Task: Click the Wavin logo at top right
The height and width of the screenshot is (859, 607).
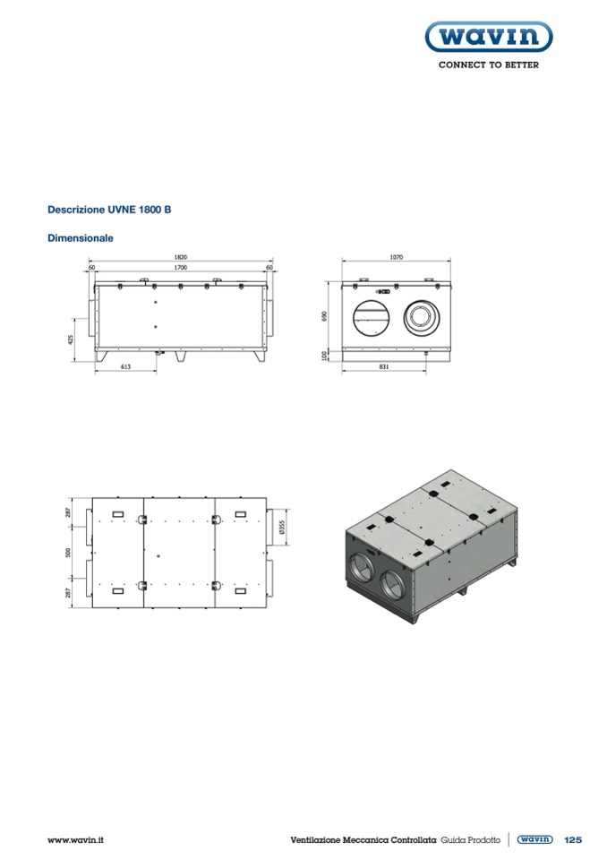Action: pos(488,37)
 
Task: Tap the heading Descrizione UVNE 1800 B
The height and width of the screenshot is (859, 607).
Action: pos(109,210)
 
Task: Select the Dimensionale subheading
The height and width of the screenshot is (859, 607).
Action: pos(81,238)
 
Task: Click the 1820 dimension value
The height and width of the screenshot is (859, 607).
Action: pos(181,257)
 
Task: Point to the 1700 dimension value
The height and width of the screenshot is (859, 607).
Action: pos(181,267)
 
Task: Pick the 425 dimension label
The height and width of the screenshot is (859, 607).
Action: pos(70,339)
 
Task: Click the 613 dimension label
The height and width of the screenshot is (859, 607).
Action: pos(126,366)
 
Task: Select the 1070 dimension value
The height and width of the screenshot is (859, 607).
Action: pos(397,257)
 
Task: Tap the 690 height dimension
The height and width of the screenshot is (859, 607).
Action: pos(324,317)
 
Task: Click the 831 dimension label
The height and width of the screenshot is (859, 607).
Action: pos(384,366)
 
